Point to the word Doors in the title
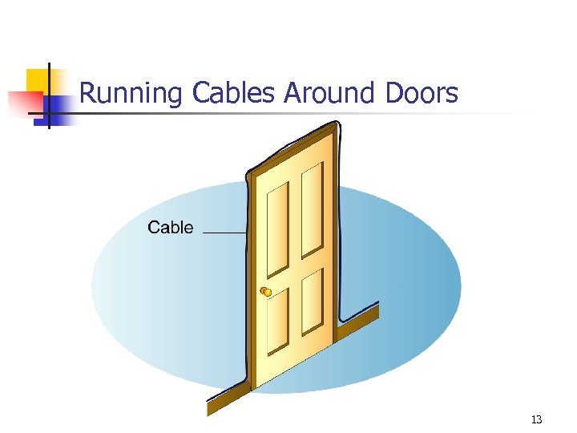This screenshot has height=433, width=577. tap(421, 94)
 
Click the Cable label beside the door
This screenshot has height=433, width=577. tap(171, 228)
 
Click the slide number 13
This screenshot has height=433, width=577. tap(537, 419)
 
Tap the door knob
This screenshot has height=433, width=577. tap(267, 292)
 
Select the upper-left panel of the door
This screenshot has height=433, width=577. tap(278, 229)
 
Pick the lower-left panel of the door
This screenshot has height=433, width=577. tap(278, 321)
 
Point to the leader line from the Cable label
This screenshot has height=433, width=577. tap(224, 233)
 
